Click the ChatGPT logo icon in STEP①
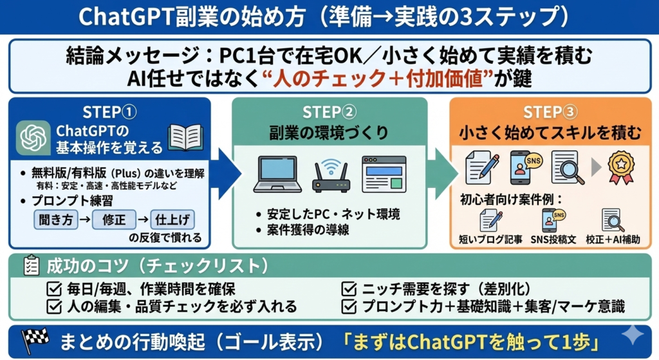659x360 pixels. coord(33,138)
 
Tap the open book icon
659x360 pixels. coord(185,137)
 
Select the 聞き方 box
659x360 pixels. coord(56,220)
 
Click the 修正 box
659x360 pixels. coord(114,220)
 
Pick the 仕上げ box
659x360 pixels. coord(172,220)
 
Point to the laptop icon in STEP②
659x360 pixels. coord(277,174)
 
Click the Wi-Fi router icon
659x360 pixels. coord(331,176)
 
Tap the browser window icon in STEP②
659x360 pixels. coord(384,174)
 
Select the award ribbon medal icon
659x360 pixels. coord(621,167)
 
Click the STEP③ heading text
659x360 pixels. coord(550,112)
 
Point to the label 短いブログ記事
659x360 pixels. coord(490,240)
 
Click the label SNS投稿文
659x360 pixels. coord(553,240)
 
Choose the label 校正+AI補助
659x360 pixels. coord(613,240)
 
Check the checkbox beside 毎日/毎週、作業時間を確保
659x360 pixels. coord(54,289)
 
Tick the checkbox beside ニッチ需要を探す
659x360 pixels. coord(349,289)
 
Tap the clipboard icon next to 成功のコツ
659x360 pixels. coord(31,265)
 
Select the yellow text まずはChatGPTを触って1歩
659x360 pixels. coord(470,342)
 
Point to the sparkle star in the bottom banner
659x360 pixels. coord(633,335)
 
